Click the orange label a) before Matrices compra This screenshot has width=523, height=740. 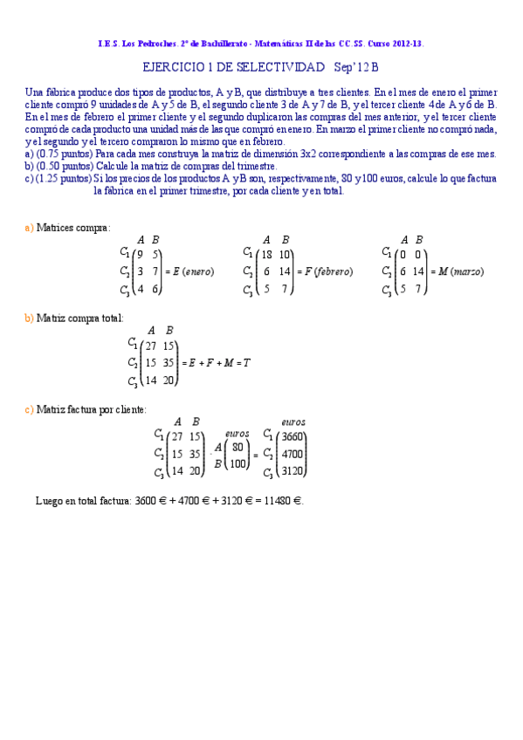(x=29, y=227)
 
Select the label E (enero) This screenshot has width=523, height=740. (x=192, y=271)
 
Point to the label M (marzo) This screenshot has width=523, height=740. (x=460, y=271)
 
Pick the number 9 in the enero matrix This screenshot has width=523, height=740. (x=141, y=255)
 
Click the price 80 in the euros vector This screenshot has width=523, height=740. (x=237, y=447)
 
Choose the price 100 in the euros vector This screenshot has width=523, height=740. (x=236, y=462)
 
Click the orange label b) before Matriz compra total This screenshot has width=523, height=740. (x=29, y=319)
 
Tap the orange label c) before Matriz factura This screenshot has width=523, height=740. (x=29, y=408)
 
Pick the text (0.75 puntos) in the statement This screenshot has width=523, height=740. (x=65, y=154)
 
